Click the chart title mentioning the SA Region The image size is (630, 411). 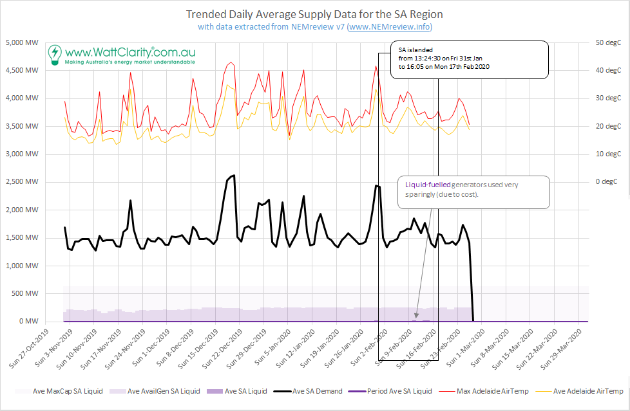pyautogui.click(x=314, y=14)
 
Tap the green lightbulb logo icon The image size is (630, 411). pyautogui.click(x=56, y=53)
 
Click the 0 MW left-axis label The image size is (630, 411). pyautogui.click(x=29, y=322)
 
